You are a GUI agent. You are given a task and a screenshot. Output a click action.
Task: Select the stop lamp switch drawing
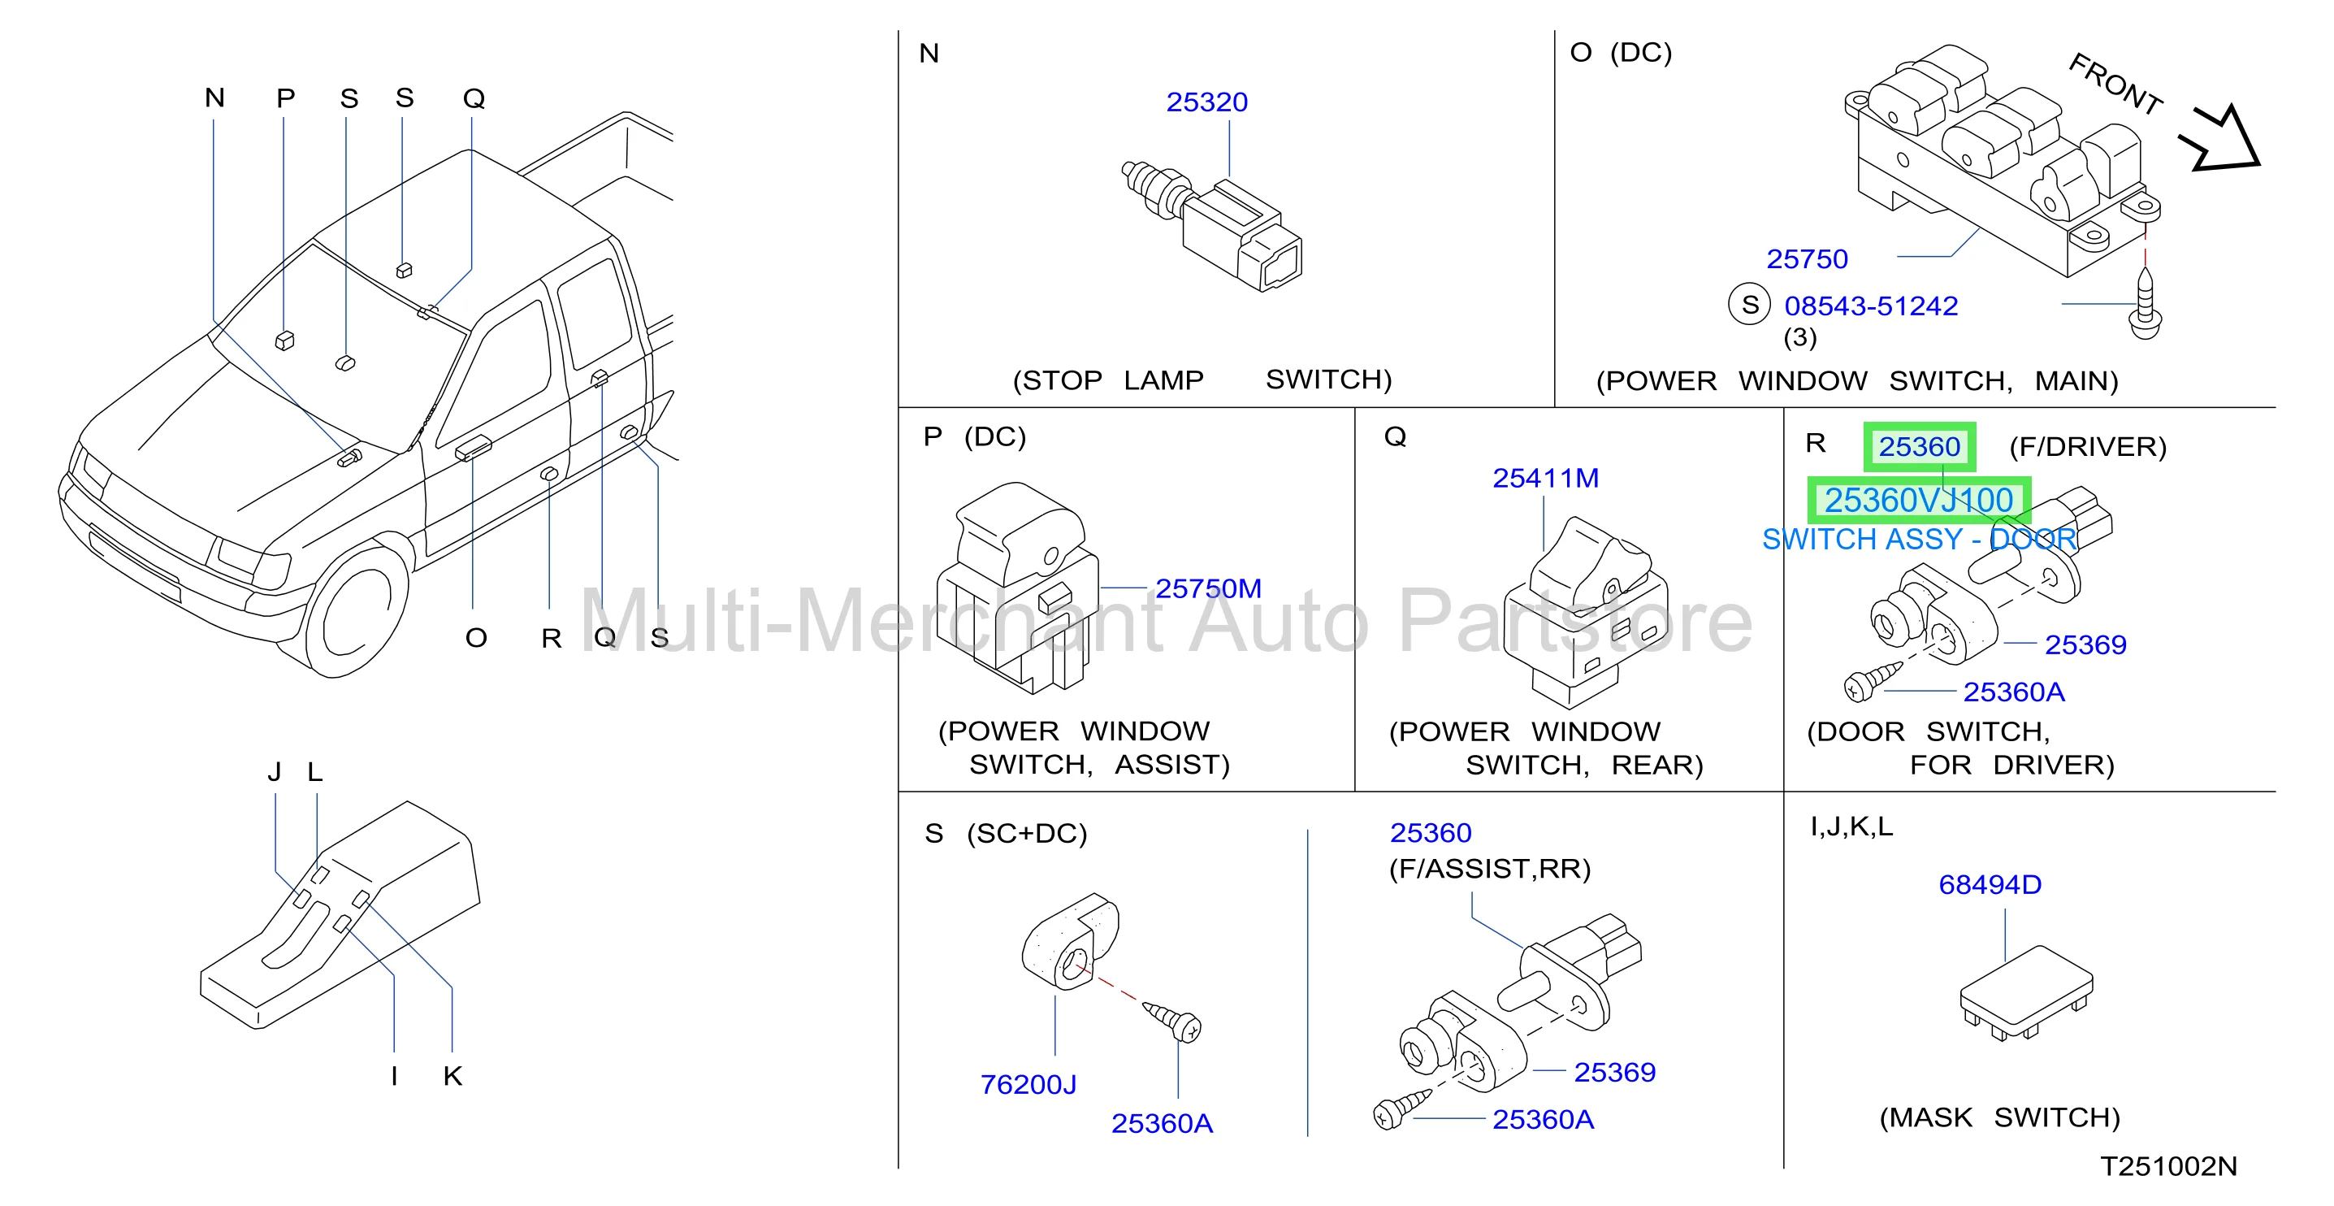click(x=1211, y=227)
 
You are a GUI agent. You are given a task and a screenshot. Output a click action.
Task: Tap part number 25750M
click(x=1208, y=589)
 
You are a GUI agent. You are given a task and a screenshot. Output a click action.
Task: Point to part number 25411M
click(x=1546, y=479)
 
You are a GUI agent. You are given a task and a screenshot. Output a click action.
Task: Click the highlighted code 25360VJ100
click(x=1918, y=500)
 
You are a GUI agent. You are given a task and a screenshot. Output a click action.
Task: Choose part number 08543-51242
click(x=1871, y=306)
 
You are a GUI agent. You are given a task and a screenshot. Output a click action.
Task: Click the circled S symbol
click(x=1750, y=305)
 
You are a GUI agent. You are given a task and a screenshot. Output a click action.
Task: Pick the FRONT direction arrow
click(x=2219, y=140)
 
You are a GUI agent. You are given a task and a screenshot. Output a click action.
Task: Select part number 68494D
click(x=1990, y=884)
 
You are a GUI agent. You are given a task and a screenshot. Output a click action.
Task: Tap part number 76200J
click(x=1028, y=1085)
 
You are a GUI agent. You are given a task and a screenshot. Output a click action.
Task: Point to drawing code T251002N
click(x=2168, y=1166)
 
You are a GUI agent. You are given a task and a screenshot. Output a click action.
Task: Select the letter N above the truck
click(x=214, y=98)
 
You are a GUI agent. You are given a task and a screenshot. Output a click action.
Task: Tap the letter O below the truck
click(x=476, y=638)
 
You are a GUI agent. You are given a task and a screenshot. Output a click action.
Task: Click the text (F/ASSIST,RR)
click(x=1490, y=869)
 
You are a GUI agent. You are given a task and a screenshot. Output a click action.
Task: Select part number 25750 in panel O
click(x=1807, y=259)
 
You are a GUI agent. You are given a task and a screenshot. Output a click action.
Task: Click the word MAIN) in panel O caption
click(x=2076, y=381)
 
